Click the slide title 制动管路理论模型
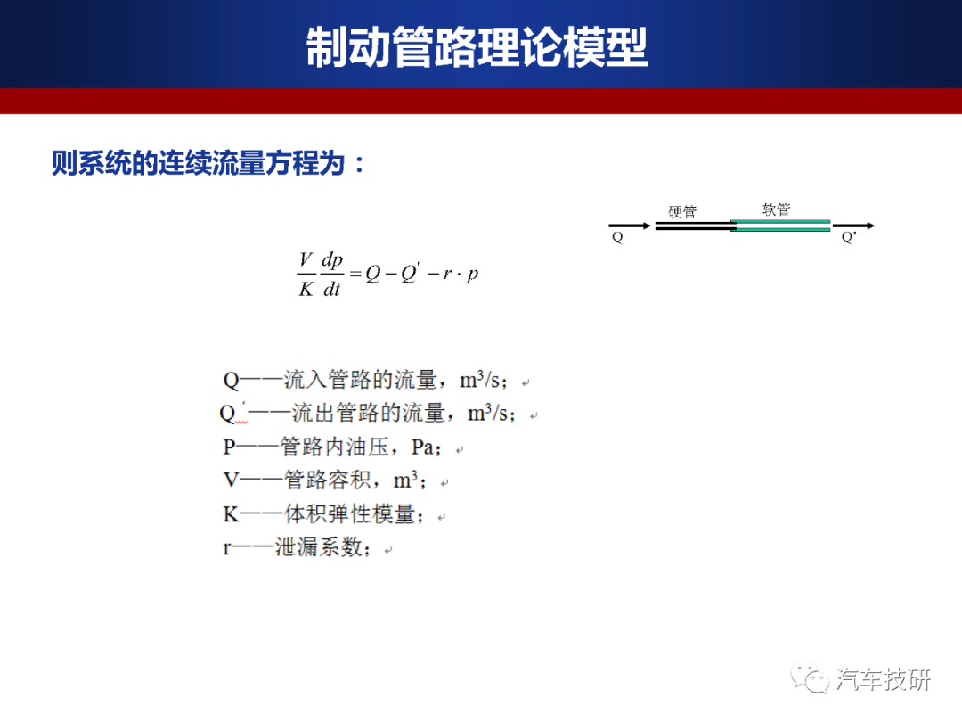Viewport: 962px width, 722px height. coord(477,46)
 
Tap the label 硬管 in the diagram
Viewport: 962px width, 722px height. coord(682,212)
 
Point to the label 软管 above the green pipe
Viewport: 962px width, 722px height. coord(776,209)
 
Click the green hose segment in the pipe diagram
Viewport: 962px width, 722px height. coord(780,226)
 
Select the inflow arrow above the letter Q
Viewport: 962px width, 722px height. coord(630,226)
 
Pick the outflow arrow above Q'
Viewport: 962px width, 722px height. coord(853,226)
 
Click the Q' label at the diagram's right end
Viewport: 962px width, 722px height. coord(849,237)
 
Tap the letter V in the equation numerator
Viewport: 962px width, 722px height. coord(306,259)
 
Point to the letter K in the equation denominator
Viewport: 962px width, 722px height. coord(306,288)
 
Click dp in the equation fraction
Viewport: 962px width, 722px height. coord(332,260)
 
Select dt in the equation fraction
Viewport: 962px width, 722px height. coord(331,288)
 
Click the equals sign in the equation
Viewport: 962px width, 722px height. coord(355,274)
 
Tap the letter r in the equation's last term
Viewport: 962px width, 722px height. coord(447,275)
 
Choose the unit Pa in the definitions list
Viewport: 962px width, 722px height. coord(423,447)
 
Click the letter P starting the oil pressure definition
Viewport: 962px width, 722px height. coord(229,447)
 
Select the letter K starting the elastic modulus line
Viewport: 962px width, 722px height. coord(231,514)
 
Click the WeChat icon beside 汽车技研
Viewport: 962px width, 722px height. coord(809,677)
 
